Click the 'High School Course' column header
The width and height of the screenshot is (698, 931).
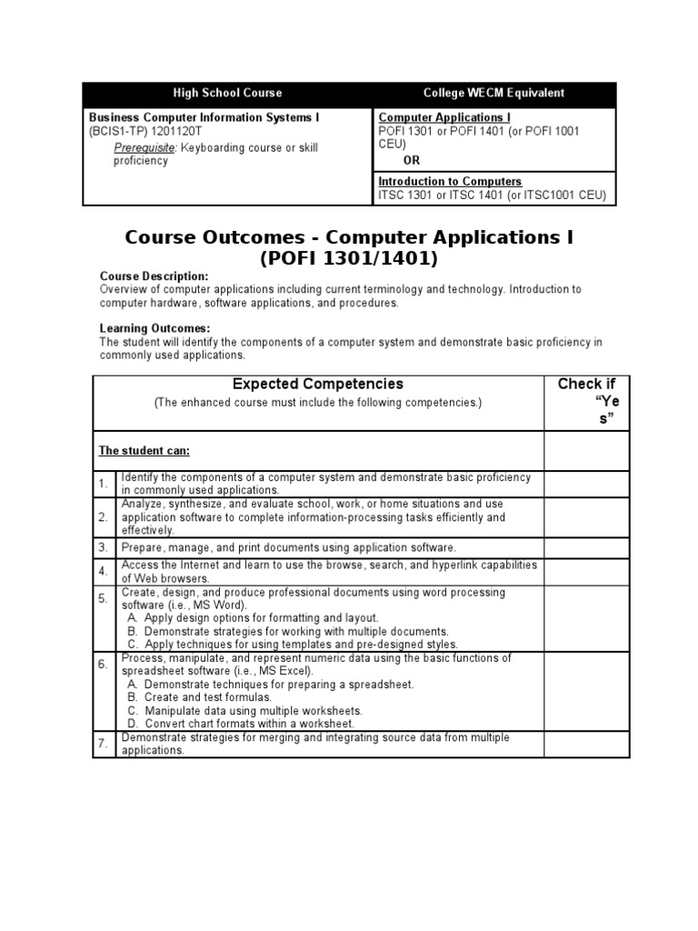(227, 93)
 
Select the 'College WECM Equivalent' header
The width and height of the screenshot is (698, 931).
(494, 93)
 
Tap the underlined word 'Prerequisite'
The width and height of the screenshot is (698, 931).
(143, 147)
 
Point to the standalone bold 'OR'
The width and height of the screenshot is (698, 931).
(412, 160)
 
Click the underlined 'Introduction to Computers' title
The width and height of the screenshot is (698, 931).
(450, 182)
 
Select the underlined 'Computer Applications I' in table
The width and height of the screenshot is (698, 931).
(444, 117)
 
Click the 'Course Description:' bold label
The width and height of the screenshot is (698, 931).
(153, 275)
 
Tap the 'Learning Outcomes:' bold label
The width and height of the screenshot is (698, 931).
(155, 328)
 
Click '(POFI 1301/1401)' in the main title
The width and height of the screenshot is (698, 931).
(349, 258)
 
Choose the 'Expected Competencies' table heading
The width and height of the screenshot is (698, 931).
(318, 385)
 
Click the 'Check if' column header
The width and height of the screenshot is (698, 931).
(586, 385)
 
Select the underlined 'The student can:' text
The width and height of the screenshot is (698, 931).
(144, 451)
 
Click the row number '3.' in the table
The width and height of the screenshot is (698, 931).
(104, 547)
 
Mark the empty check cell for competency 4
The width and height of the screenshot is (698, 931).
(586, 572)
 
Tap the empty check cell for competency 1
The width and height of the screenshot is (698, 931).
(586, 484)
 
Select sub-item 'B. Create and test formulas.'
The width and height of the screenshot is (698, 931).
(199, 697)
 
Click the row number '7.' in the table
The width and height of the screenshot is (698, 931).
(104, 744)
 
